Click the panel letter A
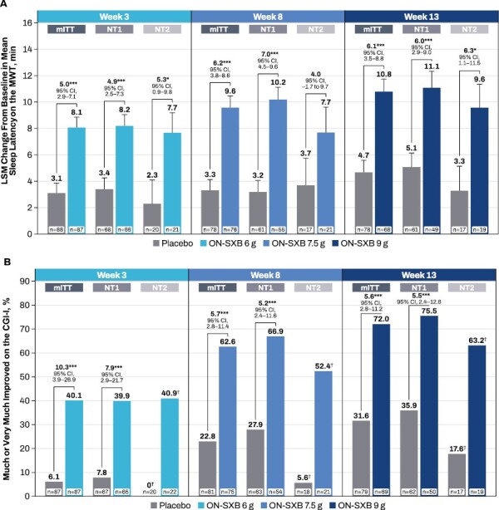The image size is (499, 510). [6, 6]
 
